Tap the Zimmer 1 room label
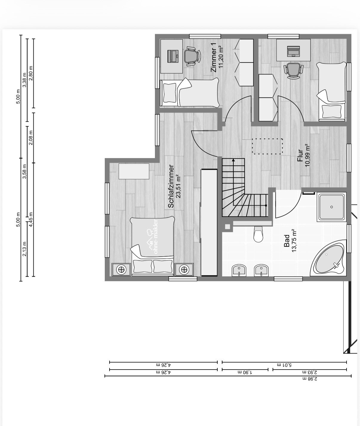coord(213,57)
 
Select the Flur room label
coord(300,156)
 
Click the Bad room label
coord(287,241)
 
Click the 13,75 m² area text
coord(294,241)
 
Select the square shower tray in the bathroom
coord(331,207)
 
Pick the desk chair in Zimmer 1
coord(191,56)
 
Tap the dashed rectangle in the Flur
coord(267,146)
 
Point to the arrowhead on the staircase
coord(233,160)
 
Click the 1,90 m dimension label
coord(245,372)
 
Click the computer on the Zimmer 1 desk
coord(173,56)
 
